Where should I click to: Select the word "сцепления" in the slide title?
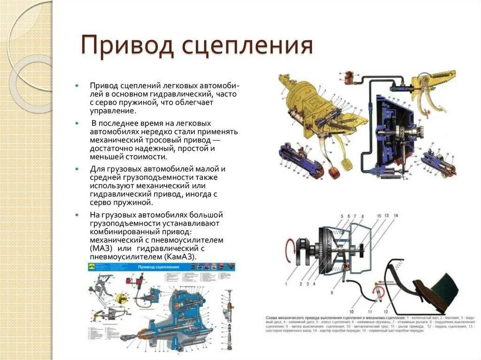(x=247, y=46)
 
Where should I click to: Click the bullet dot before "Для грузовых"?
(x=78, y=168)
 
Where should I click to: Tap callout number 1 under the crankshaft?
(x=285, y=284)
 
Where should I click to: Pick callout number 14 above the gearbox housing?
(x=396, y=215)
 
